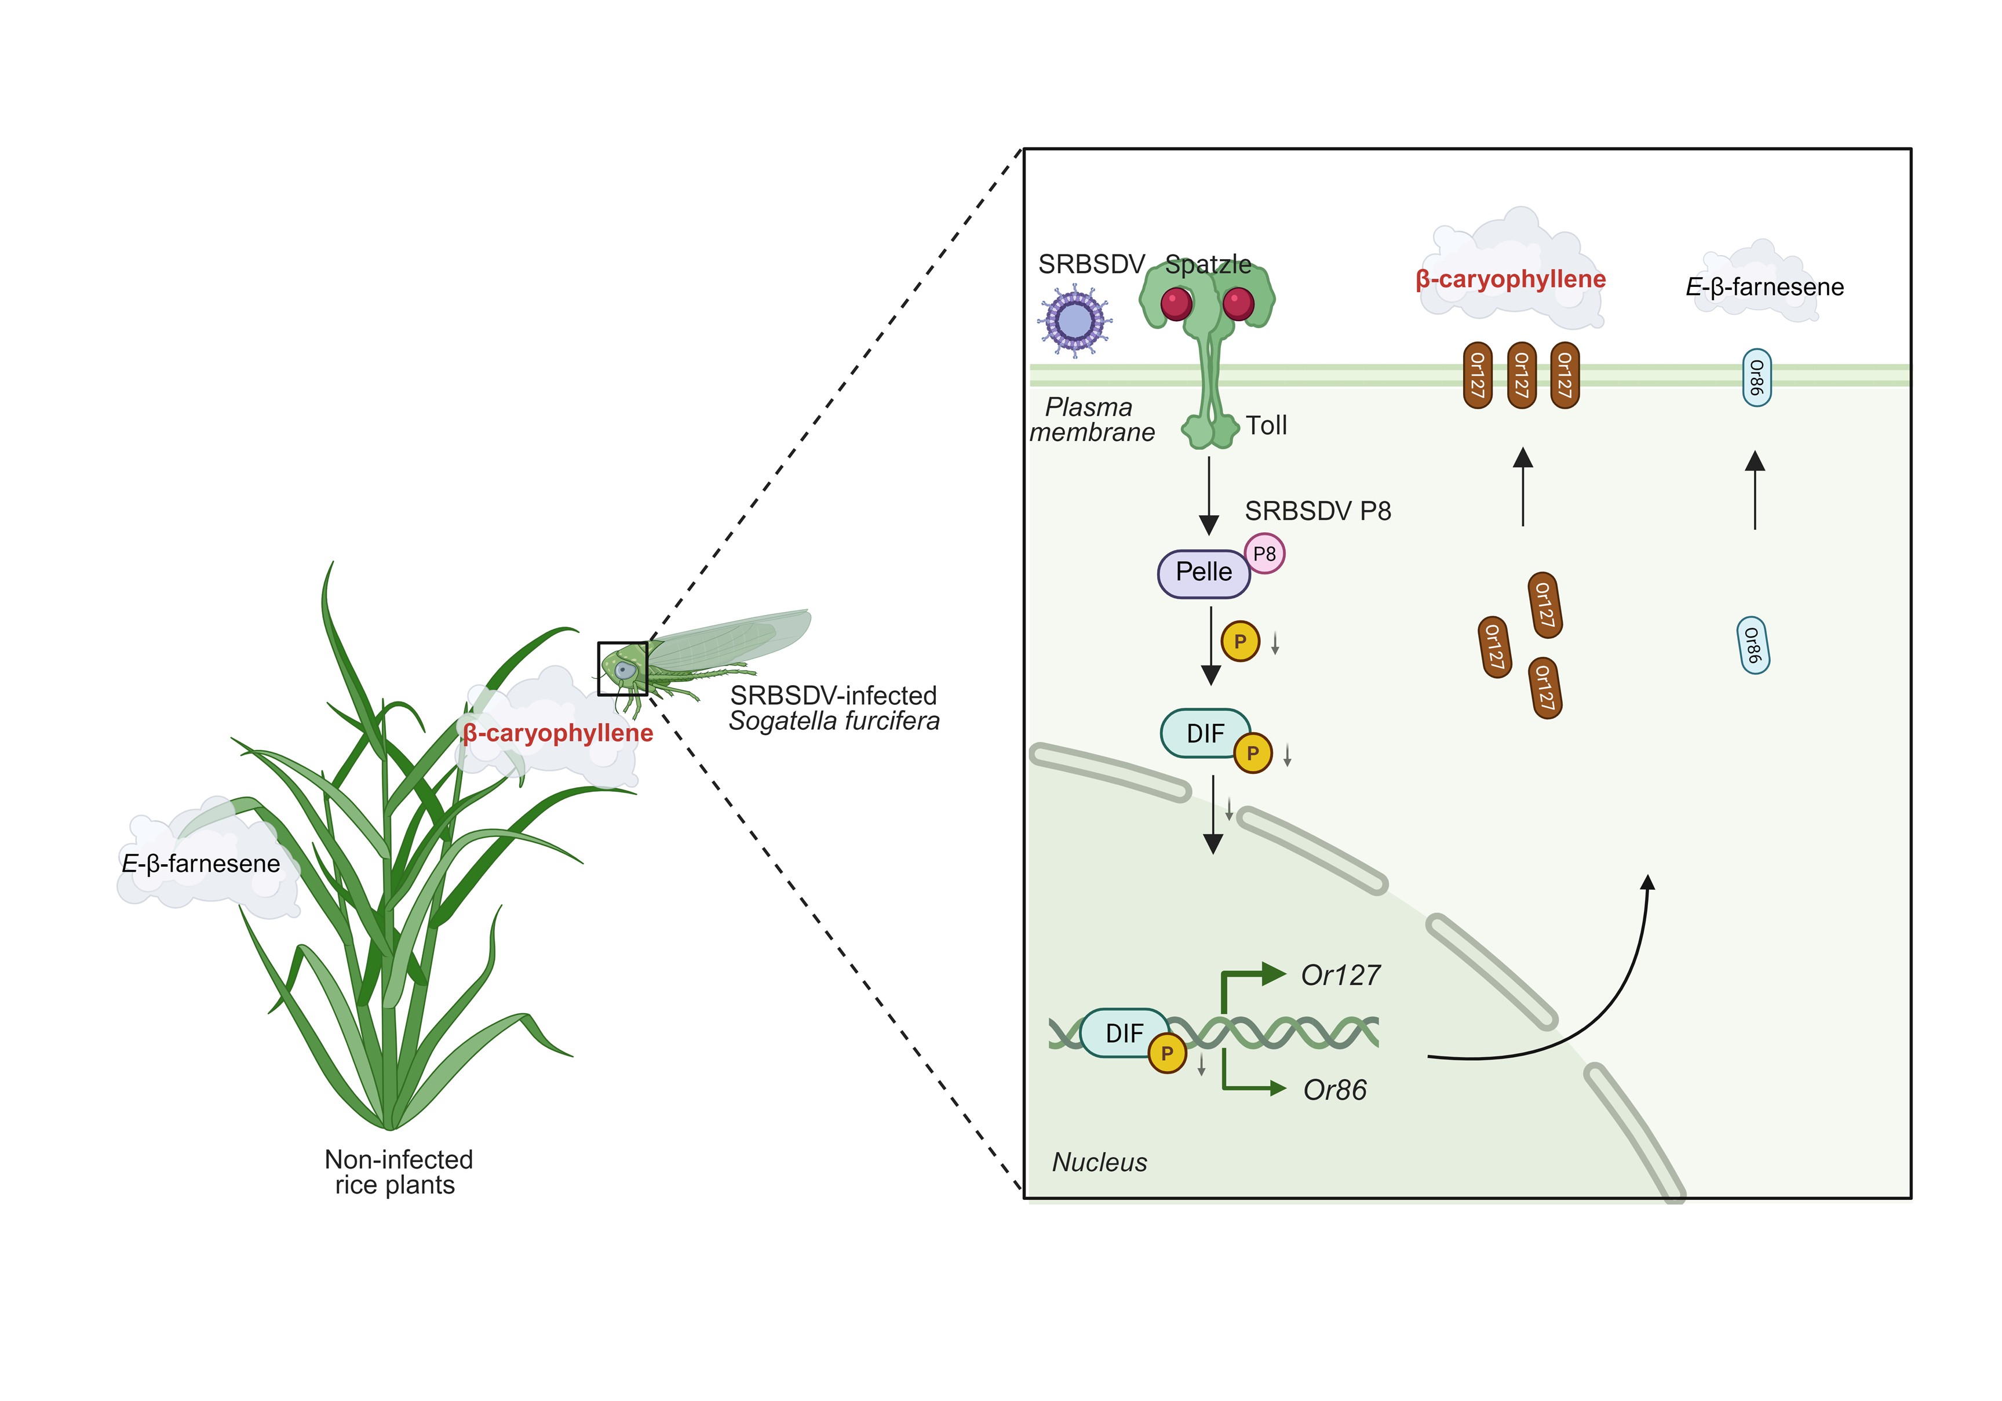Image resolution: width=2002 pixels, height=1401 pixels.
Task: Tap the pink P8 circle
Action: (1265, 553)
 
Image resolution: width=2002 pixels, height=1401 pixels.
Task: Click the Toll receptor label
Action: (1266, 425)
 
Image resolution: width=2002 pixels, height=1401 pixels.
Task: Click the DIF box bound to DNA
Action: (1124, 1033)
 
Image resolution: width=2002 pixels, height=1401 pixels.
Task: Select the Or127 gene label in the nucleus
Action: (1340, 974)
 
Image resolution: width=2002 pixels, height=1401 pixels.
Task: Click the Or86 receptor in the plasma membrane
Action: (1756, 378)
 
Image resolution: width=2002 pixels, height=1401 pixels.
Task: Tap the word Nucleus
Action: (1100, 1162)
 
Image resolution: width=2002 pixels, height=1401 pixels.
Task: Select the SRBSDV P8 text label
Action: (1318, 511)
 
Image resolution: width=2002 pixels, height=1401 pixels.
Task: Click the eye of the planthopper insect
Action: (624, 670)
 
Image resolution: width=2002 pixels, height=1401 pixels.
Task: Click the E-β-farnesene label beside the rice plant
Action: (200, 864)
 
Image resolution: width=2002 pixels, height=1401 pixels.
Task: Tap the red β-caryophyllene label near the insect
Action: (558, 733)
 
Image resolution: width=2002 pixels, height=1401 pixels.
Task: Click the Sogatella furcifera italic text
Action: (834, 722)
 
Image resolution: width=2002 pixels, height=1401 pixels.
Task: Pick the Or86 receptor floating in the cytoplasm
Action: (1753, 646)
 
